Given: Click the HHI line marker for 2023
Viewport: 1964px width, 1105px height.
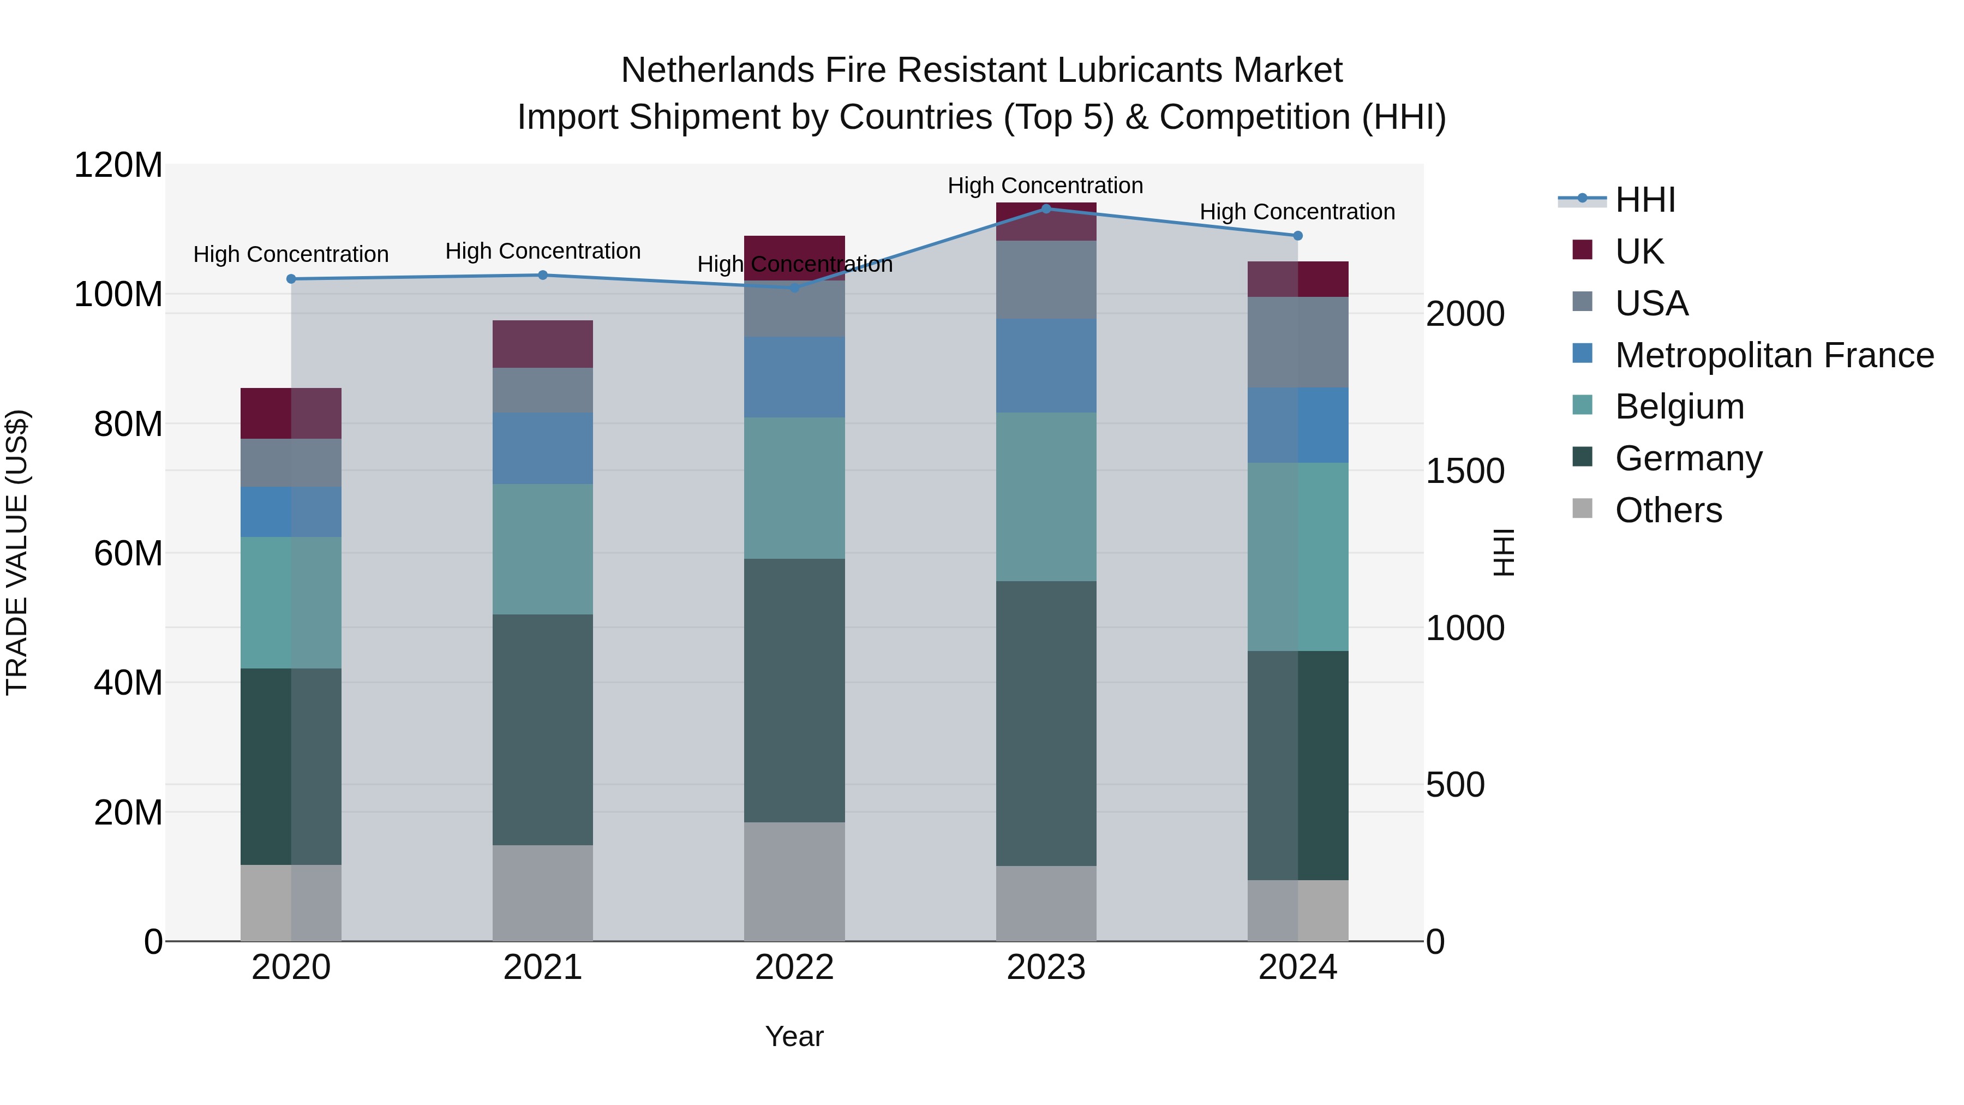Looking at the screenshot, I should (1046, 208).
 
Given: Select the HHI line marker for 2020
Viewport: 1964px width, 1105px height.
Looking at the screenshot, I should (291, 279).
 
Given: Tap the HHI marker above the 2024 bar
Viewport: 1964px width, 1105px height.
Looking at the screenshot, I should (1298, 236).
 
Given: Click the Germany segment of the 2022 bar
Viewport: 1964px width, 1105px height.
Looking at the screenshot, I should (794, 690).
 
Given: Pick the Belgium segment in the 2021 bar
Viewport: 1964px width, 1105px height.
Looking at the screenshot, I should (543, 549).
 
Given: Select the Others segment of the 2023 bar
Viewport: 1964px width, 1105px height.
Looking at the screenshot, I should (1046, 903).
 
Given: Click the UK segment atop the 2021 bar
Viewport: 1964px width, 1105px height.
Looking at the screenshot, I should (543, 344).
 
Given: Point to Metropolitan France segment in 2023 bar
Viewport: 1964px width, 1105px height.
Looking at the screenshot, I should (1046, 366).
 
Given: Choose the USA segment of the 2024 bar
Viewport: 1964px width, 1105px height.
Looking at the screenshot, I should (1298, 342).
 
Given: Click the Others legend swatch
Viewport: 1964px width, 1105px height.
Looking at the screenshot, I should (1582, 509).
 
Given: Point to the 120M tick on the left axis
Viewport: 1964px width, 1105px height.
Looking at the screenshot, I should (118, 165).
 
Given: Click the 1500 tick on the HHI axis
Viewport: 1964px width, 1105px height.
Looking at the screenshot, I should (1465, 471).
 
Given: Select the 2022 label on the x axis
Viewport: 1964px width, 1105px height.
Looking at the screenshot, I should (794, 967).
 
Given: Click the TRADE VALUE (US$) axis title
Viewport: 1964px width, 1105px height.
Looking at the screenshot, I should (17, 552).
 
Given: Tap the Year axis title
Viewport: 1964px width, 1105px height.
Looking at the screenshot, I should (794, 1036).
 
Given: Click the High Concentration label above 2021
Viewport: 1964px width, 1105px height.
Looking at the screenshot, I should (543, 251).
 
